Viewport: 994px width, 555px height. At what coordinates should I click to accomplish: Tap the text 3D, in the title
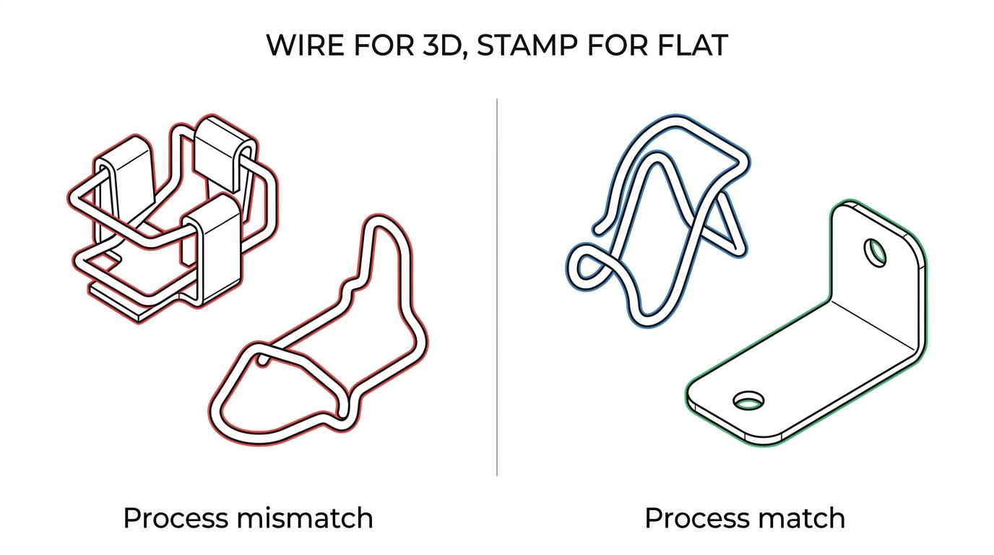point(444,46)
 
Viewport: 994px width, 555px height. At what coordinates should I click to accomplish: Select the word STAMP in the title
point(527,45)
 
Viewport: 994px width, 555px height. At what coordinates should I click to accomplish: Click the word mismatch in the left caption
point(305,517)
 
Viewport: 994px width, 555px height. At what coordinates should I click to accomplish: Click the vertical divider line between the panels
point(497,288)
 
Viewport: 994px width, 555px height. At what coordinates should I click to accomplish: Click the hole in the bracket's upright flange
point(875,252)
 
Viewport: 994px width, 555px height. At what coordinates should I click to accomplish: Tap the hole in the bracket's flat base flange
point(748,400)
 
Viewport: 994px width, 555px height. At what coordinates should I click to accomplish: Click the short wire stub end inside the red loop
point(264,361)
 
